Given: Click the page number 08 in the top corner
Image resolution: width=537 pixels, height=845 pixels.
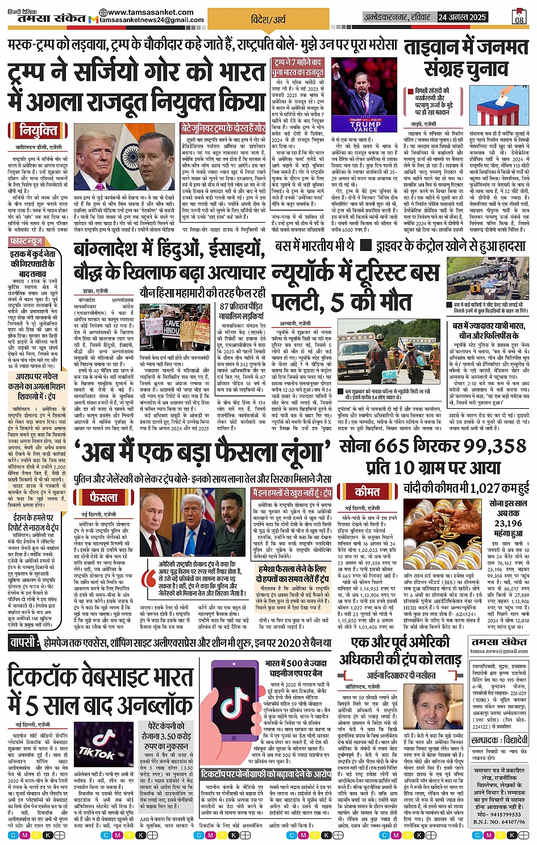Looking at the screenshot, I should click(519, 17).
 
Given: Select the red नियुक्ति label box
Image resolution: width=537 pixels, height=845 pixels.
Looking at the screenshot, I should click(39, 131).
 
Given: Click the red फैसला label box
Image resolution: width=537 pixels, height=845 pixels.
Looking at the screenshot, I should click(103, 497).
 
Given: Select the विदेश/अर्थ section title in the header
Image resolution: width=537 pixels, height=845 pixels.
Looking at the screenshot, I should click(268, 19).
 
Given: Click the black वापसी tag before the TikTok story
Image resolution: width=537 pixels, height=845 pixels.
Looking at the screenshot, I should click(24, 642).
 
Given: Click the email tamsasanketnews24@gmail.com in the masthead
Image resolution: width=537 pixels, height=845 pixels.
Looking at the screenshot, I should click(152, 20).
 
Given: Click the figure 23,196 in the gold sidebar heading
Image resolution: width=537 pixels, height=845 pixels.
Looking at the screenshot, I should click(507, 523).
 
